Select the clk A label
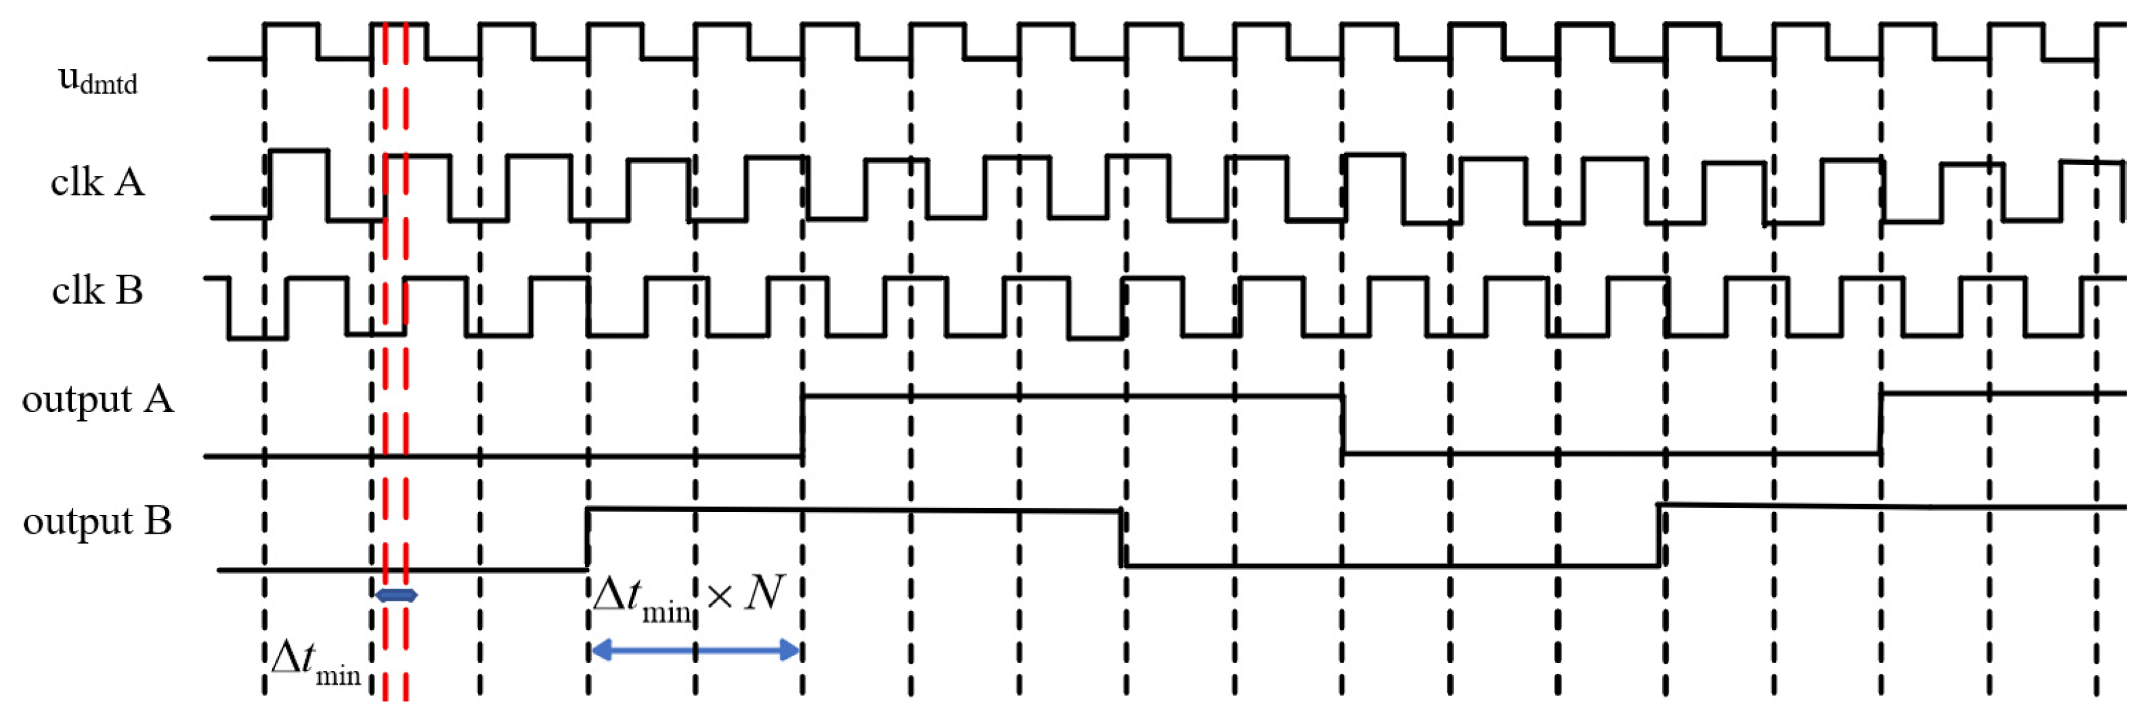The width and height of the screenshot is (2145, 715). coord(97,182)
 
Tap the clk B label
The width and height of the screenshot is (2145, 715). coord(97,290)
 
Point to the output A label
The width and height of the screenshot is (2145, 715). coord(97,400)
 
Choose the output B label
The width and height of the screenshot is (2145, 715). coord(97,521)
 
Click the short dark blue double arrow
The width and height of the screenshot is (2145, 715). coord(396,595)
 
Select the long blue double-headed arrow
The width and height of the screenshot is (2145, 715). coord(695,650)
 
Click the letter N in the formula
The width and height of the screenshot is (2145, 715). coord(764,593)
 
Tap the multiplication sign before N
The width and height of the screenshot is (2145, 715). coord(720,596)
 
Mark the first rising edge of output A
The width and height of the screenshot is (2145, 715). coord(803,425)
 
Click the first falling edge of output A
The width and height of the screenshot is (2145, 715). coord(1343,425)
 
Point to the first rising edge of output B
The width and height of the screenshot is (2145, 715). coord(588,538)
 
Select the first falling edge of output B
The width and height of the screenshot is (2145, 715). coord(1122,538)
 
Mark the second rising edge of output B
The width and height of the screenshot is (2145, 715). coord(1659,535)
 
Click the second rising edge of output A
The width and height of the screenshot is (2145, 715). coord(1881,423)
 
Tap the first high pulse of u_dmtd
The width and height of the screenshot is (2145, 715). coord(290,25)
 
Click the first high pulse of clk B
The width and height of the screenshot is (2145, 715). coord(316,279)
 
